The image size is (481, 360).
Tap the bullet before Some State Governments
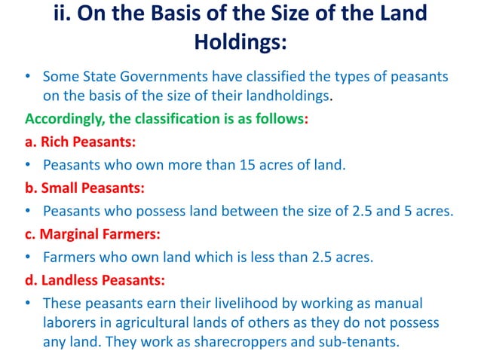tap(28, 78)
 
